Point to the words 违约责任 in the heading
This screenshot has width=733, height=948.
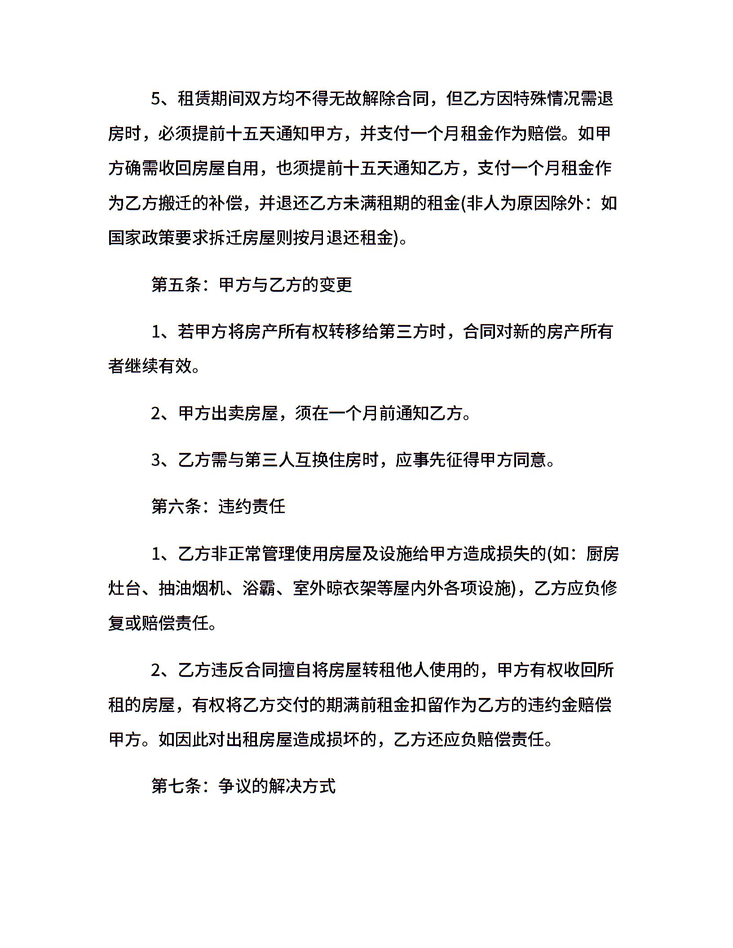click(252, 506)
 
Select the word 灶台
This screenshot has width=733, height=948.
click(125, 588)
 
